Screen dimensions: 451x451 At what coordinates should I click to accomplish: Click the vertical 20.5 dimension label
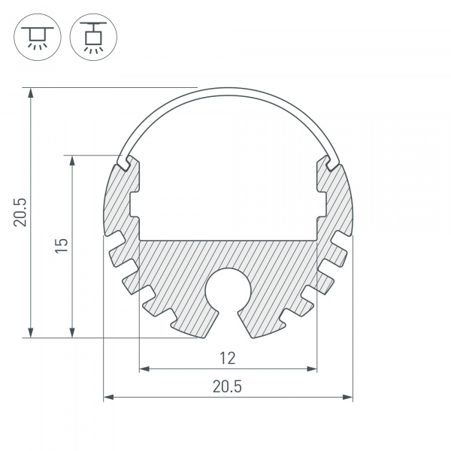[20, 212]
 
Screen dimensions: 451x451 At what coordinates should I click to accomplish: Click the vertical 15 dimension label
[62, 245]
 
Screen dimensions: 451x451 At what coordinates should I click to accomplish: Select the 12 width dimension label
[228, 359]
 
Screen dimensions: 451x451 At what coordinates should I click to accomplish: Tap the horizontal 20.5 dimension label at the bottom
[227, 386]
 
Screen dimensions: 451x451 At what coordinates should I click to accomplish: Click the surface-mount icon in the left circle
[38, 37]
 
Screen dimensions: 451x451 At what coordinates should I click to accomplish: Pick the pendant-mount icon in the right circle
[93, 37]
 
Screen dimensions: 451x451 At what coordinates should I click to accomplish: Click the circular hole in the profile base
[228, 289]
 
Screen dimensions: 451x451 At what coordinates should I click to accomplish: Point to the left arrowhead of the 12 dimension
[144, 369]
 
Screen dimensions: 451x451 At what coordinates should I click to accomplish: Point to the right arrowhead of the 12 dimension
[312, 369]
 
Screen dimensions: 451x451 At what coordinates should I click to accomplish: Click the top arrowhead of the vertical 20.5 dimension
[31, 92]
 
